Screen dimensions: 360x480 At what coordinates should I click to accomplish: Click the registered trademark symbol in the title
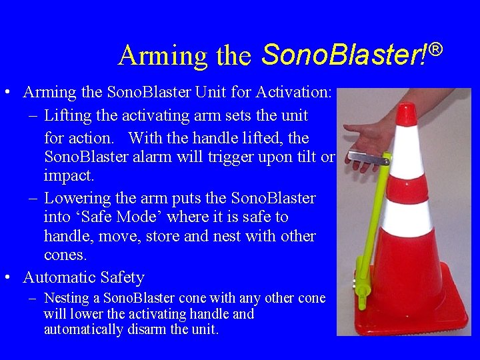[x=435, y=49]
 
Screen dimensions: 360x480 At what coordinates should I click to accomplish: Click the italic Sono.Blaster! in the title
[x=344, y=55]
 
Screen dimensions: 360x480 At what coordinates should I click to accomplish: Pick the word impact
[x=69, y=175]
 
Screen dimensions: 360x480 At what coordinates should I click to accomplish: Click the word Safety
[x=123, y=277]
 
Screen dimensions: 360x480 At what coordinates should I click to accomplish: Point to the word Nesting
[x=67, y=299]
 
